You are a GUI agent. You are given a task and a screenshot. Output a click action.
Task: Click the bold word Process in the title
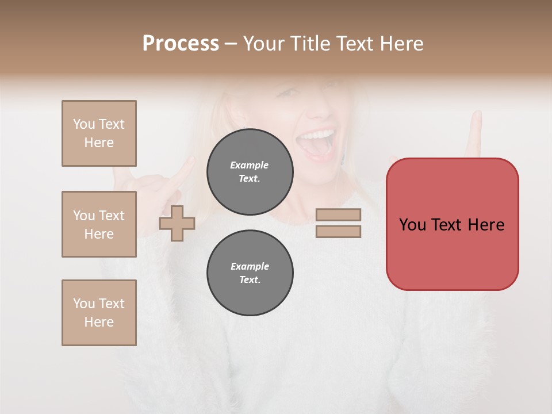[181, 44]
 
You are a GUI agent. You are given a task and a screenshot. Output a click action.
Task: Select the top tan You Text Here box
[99, 133]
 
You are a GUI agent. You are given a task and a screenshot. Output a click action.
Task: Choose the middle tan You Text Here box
[99, 224]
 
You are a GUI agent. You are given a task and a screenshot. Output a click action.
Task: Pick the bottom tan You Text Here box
[99, 313]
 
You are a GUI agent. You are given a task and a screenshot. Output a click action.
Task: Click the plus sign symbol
[177, 223]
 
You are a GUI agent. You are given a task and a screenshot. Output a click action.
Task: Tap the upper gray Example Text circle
[250, 171]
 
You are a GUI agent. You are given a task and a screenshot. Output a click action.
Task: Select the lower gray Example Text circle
[250, 273]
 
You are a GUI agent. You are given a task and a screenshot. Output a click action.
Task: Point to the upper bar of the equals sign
[338, 214]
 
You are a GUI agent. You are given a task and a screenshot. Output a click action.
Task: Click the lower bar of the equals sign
[338, 232]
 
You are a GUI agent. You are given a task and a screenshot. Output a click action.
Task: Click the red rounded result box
[452, 253]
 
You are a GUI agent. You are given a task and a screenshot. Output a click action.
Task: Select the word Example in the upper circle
[250, 165]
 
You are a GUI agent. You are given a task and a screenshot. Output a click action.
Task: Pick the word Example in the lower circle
[250, 266]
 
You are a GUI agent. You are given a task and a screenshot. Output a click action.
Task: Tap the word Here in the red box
[486, 225]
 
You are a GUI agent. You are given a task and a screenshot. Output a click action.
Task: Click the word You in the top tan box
[83, 124]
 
